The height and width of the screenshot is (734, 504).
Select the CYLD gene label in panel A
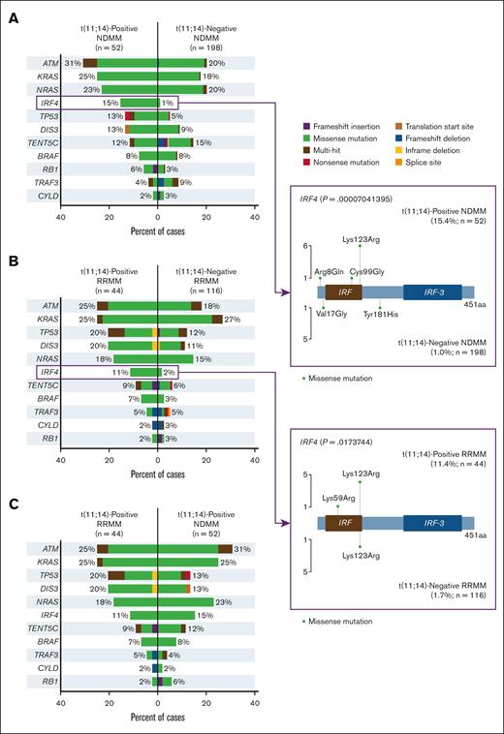(47, 194)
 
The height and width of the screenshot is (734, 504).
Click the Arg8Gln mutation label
(322, 271)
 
